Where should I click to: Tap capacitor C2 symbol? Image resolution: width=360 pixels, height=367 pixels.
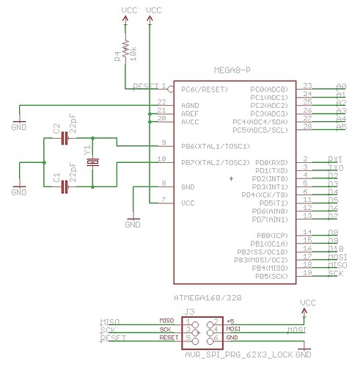click(66, 137)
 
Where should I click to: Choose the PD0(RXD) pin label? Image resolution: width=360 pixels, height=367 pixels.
click(270, 161)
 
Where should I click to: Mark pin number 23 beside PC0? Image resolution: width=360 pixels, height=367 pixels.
click(307, 86)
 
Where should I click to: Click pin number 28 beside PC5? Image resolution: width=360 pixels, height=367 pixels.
click(307, 127)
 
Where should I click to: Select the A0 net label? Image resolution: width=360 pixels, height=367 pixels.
click(340, 87)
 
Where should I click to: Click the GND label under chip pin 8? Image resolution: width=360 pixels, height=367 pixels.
click(133, 225)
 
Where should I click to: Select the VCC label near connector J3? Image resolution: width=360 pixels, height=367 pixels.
click(308, 302)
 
